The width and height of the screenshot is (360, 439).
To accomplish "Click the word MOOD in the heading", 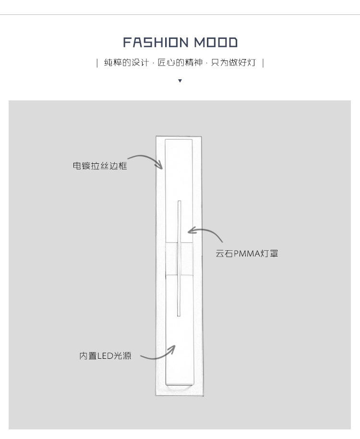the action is point(216,43).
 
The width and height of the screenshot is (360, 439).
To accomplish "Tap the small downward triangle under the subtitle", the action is point(180,81).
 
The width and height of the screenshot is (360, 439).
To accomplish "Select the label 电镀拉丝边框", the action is point(100,166).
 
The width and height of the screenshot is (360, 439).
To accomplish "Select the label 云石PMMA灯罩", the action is point(247,254).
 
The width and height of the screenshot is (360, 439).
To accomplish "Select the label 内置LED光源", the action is point(105,356).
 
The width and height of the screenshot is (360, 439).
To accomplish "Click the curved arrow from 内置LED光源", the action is point(159,354).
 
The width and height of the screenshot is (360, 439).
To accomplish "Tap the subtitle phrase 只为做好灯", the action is point(233,63).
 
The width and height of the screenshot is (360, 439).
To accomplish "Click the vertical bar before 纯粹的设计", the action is point(97,63).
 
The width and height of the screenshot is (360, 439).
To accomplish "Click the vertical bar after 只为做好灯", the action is point(263,63).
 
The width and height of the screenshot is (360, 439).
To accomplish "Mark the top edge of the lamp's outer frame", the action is point(179,137).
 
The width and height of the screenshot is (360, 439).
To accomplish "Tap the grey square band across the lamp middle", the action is point(179,258).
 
